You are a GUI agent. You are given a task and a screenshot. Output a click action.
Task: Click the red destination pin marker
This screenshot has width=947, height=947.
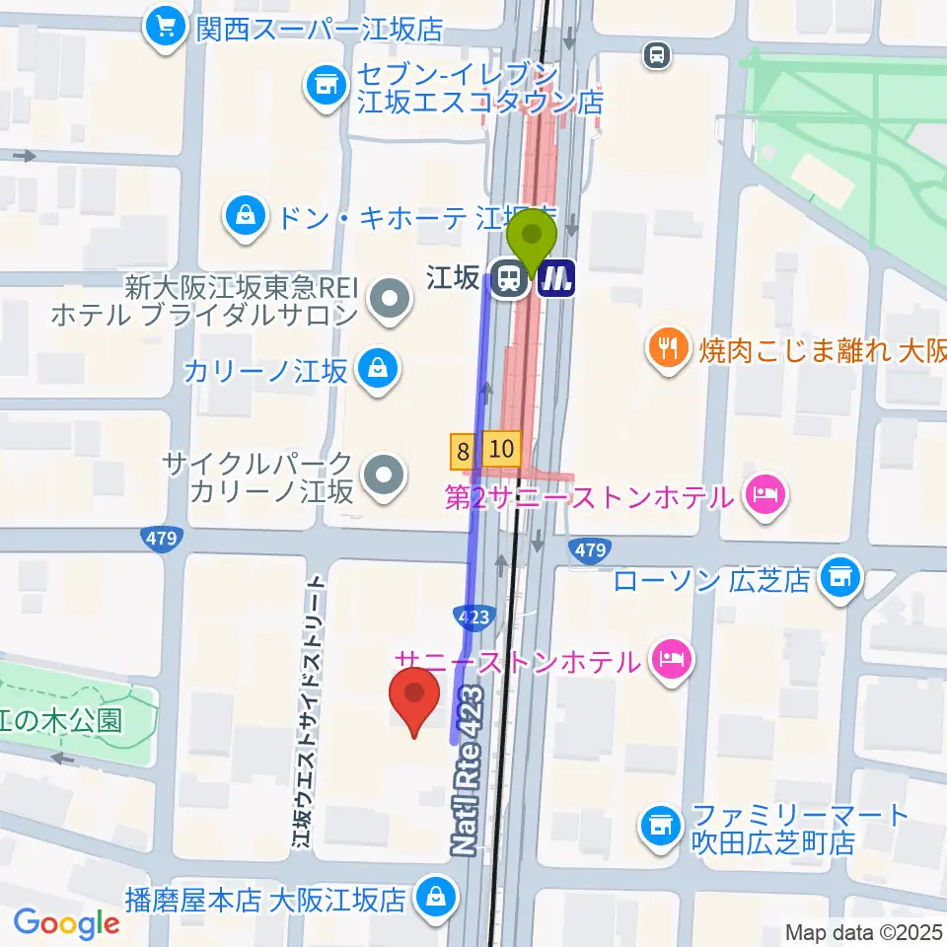point(415,699)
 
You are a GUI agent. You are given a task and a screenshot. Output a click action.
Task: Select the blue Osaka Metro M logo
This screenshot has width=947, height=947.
point(556,277)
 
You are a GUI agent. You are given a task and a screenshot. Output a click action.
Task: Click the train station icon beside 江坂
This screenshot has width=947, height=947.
point(509,277)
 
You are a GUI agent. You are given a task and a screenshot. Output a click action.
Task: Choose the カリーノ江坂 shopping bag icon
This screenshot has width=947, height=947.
point(376,369)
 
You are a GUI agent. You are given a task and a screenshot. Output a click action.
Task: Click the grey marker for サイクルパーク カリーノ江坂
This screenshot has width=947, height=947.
point(384,476)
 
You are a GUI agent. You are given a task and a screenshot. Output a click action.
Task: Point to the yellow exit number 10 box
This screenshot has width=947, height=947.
point(501,450)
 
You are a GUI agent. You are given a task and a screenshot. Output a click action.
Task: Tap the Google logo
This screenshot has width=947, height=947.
point(67,922)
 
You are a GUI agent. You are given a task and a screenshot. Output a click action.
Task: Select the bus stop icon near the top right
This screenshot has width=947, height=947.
point(656,56)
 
